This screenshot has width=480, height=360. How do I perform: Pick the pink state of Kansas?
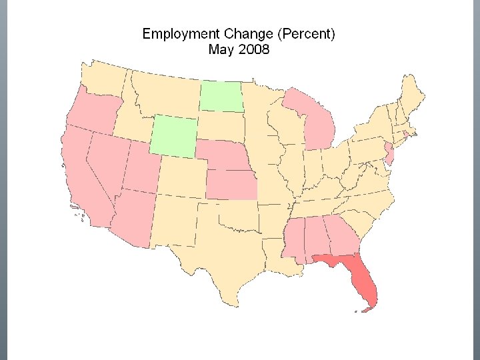pyautogui.click(x=231, y=184)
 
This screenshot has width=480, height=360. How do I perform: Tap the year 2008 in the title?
pyautogui.click(x=254, y=49)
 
